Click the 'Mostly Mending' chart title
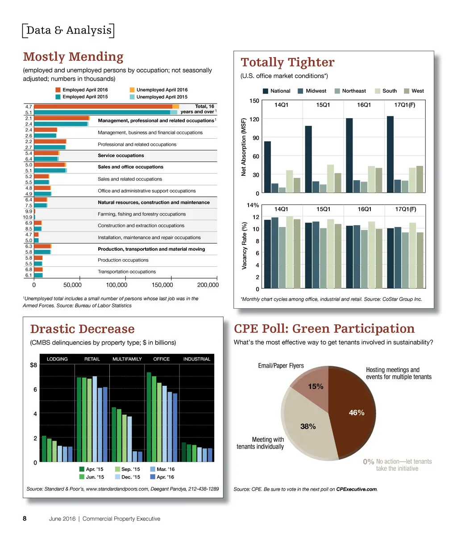pyautogui.click(x=73, y=57)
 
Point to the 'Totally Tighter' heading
pyautogui.click(x=287, y=62)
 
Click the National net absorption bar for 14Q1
pyautogui.click(x=267, y=167)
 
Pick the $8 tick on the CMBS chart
pyautogui.click(x=33, y=365)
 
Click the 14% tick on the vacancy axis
pyautogui.click(x=253, y=205)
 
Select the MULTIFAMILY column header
pyautogui.click(x=127, y=359)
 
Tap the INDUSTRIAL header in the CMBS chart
pyautogui.click(x=196, y=359)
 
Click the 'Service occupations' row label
pyautogui.click(x=120, y=156)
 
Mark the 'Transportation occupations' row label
pyautogui.click(x=127, y=272)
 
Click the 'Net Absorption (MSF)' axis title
pyautogui.click(x=244, y=147)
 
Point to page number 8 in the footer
pyautogui.click(x=25, y=519)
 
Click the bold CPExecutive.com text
pyautogui.click(x=356, y=489)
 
